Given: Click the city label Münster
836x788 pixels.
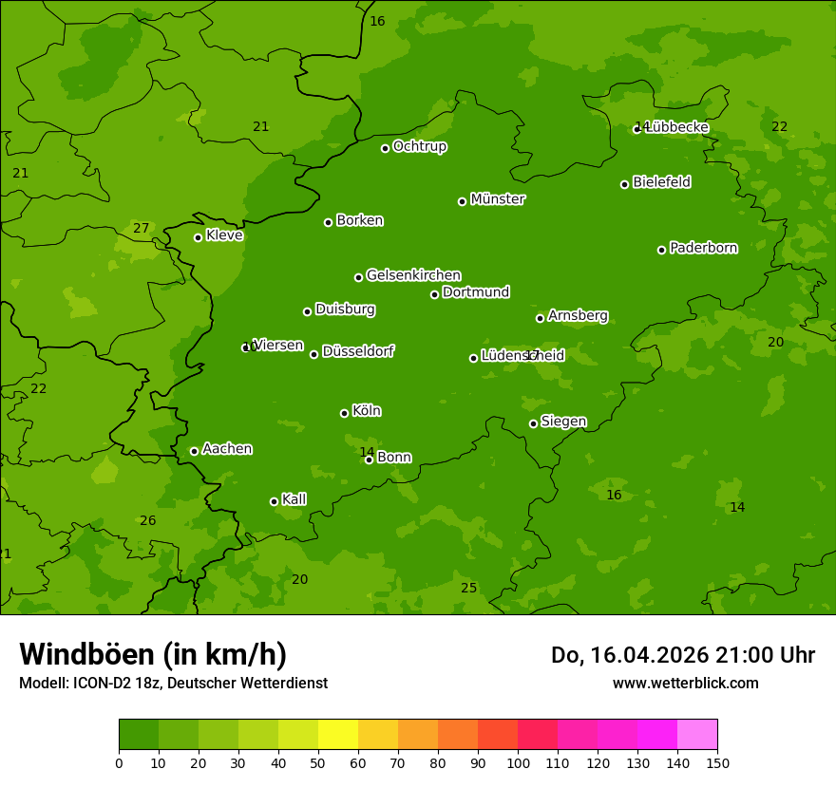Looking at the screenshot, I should coord(497,199).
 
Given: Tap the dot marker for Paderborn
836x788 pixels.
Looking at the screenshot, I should coord(662,250).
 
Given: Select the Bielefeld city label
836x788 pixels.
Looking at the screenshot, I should coord(661,182).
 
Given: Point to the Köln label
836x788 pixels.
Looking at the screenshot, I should coord(366,411).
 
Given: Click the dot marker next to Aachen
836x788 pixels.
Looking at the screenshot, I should coord(195,451).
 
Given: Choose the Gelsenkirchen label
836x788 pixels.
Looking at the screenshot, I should coord(413,275).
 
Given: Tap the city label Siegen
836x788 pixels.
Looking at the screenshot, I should coord(563,422).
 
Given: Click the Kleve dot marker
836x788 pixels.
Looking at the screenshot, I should coord(199,237).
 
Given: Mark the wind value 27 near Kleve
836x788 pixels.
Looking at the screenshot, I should coord(141,228).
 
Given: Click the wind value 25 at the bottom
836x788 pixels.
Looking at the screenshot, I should coord(468,588).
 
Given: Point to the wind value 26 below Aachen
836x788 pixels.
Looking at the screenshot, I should coord(147,520).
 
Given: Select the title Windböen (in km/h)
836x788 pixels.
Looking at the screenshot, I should coord(153,654).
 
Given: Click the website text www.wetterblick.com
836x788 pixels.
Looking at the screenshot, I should coord(685,683).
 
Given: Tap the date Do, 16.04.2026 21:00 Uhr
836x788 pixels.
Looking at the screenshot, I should coord(682,655).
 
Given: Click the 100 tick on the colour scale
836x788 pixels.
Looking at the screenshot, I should coord(518,762).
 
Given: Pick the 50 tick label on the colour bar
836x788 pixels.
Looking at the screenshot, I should coord(318,762).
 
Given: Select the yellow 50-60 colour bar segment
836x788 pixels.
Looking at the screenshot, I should coord(338,735).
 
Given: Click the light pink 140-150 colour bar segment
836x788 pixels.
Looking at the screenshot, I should coord(697,735).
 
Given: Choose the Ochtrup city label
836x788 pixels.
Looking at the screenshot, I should coord(419,146).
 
